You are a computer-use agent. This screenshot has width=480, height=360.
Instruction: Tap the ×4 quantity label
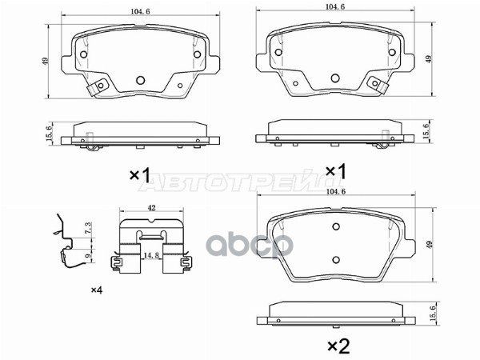97,289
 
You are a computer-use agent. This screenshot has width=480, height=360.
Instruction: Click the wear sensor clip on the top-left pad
97,93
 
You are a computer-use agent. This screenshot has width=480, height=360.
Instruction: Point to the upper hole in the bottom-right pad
337,226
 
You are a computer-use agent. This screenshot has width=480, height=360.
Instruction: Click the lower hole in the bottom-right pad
337,258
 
